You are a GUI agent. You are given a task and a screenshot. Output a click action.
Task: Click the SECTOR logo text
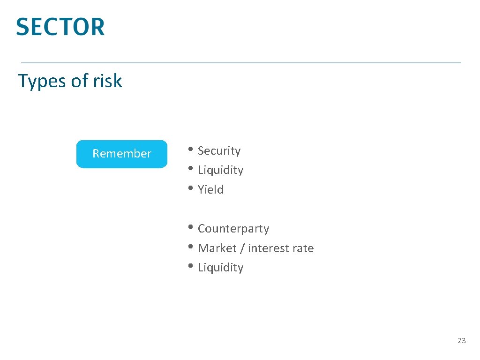pos(60,27)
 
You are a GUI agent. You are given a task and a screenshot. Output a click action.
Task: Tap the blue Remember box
pos(122,154)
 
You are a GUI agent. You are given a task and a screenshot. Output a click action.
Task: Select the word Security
pos(219,151)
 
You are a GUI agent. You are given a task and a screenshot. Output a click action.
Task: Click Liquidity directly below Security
pos(220,170)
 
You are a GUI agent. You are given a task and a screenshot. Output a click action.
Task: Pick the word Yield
pos(210,190)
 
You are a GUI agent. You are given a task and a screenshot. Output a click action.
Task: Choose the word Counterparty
pos(233,229)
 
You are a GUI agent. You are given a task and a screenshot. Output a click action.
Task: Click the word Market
pos(217,248)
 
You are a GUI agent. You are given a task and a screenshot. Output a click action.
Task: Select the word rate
pos(303,248)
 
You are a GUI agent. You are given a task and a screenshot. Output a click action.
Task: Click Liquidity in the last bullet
pos(220,268)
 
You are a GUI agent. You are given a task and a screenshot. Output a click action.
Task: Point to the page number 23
pos(461,341)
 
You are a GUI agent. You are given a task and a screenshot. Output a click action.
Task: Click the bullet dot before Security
pos(190,150)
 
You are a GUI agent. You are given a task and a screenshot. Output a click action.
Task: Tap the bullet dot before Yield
pos(190,189)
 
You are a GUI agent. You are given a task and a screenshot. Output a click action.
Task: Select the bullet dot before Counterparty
pos(190,228)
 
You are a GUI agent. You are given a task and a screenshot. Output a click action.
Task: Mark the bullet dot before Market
pos(190,247)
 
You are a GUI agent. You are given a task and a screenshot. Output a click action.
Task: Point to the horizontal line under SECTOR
pos(241,63)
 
